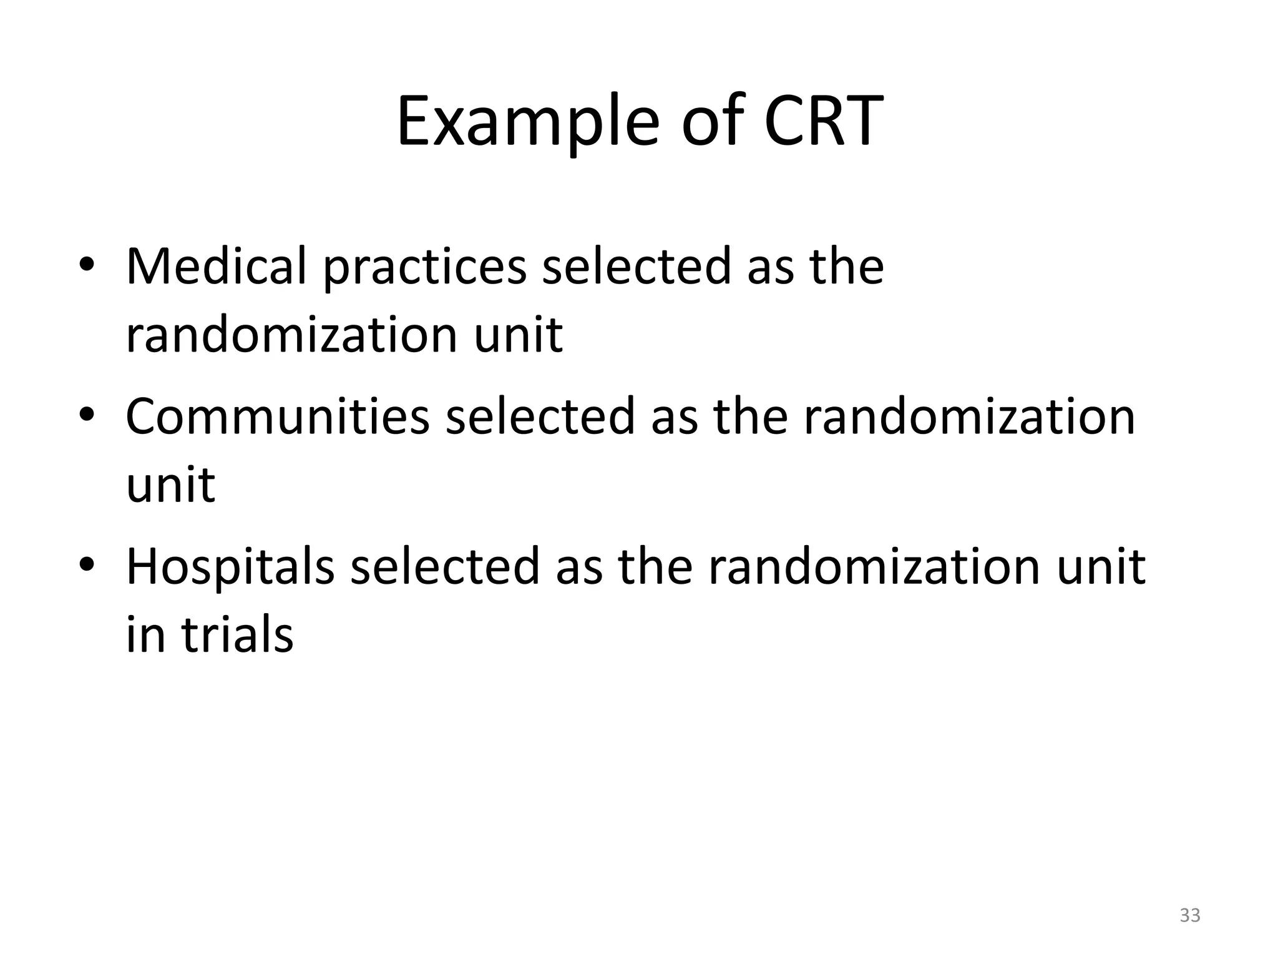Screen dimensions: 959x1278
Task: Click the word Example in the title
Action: click(x=527, y=122)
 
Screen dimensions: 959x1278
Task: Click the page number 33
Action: click(x=1189, y=915)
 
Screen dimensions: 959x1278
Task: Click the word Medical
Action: click(x=216, y=267)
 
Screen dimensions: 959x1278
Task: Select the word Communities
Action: click(x=277, y=416)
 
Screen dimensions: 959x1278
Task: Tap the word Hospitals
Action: click(x=230, y=566)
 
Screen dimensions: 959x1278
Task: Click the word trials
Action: click(x=237, y=635)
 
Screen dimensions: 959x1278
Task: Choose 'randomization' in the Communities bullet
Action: click(x=968, y=416)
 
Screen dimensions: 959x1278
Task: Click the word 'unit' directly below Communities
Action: click(x=170, y=484)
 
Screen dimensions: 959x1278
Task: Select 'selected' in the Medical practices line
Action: click(x=636, y=267)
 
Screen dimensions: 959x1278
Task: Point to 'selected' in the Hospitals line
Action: click(x=444, y=566)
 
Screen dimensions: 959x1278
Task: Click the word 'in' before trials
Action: click(x=145, y=635)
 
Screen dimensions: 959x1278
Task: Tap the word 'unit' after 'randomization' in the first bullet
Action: click(x=518, y=335)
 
